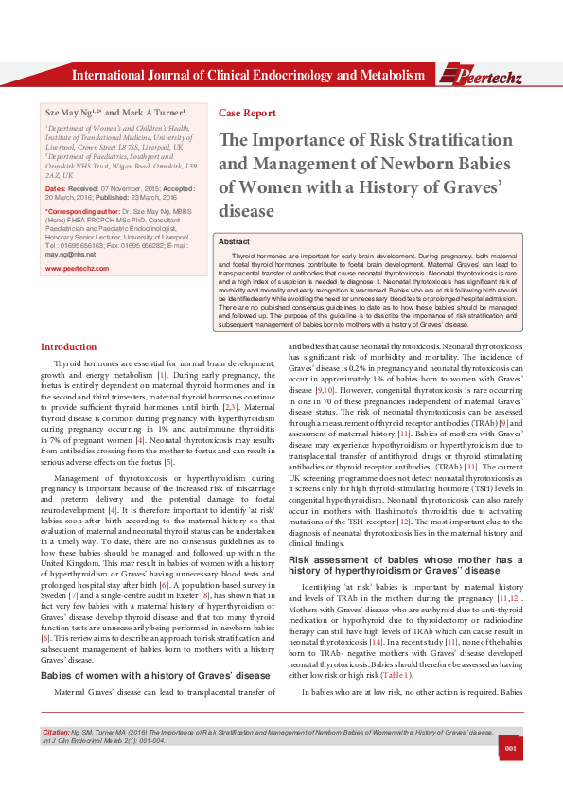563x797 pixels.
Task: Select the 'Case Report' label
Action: click(x=241, y=111)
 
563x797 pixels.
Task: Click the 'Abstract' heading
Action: click(x=235, y=242)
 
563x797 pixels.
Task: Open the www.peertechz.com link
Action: click(x=78, y=269)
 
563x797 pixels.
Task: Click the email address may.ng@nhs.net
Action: click(x=70, y=256)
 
